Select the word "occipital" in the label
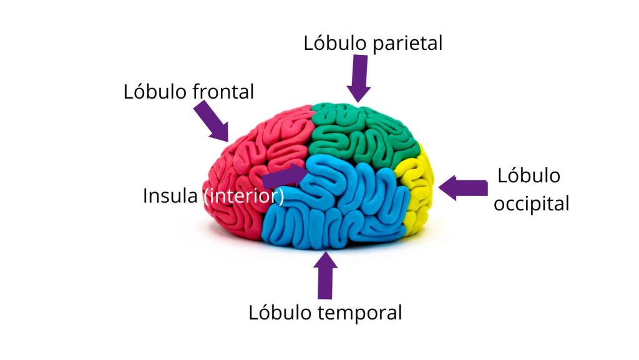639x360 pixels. click(x=531, y=203)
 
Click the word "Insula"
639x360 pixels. click(x=171, y=195)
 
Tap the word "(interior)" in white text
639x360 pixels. click(x=244, y=196)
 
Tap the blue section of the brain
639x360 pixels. click(x=337, y=206)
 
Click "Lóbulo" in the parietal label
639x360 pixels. click(x=331, y=44)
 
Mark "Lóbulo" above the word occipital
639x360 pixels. click(x=529, y=175)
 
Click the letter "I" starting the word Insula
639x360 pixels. click(x=145, y=195)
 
